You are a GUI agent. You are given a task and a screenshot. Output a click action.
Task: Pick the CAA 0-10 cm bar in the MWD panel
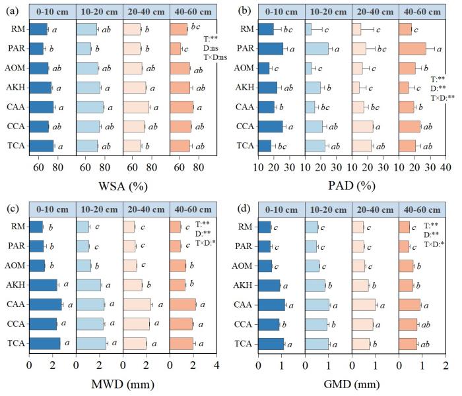(x=46, y=304)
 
